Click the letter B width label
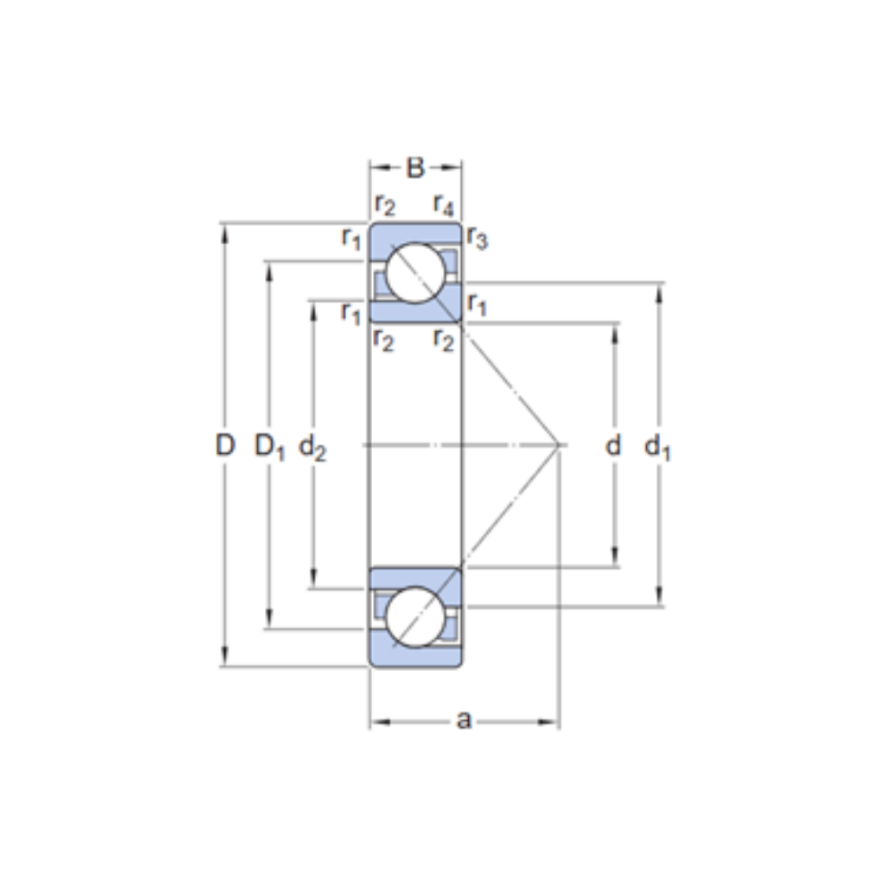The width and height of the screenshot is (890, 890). (416, 166)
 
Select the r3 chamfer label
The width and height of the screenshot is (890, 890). (478, 239)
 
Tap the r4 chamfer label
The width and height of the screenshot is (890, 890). (443, 206)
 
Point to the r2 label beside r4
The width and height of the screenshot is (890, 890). (384, 206)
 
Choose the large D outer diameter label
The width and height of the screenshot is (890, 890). (225, 445)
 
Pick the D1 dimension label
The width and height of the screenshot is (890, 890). (269, 447)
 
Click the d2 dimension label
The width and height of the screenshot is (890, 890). (312, 448)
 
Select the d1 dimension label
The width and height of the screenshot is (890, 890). (658, 448)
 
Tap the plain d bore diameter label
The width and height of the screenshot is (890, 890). (613, 445)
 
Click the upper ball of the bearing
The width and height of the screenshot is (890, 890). (416, 272)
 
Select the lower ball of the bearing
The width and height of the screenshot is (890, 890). (416, 616)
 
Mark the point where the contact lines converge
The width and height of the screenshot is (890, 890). (559, 444)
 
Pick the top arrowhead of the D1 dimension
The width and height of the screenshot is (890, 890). (269, 268)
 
